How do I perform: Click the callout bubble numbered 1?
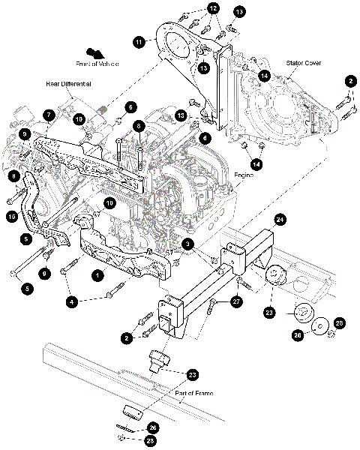coord(97,275)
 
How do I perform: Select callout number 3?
coord(188,243)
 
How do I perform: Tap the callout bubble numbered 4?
coord(72,301)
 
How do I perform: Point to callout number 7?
coord(48,115)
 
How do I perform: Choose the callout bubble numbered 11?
coord(139,43)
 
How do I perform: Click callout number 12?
coord(214,8)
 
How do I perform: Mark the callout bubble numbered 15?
coord(11,217)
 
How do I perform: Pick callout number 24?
coord(280,220)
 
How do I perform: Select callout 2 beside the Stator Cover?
coord(349,80)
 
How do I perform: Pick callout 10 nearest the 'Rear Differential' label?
coord(78,118)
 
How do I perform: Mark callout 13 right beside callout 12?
coord(239,13)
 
